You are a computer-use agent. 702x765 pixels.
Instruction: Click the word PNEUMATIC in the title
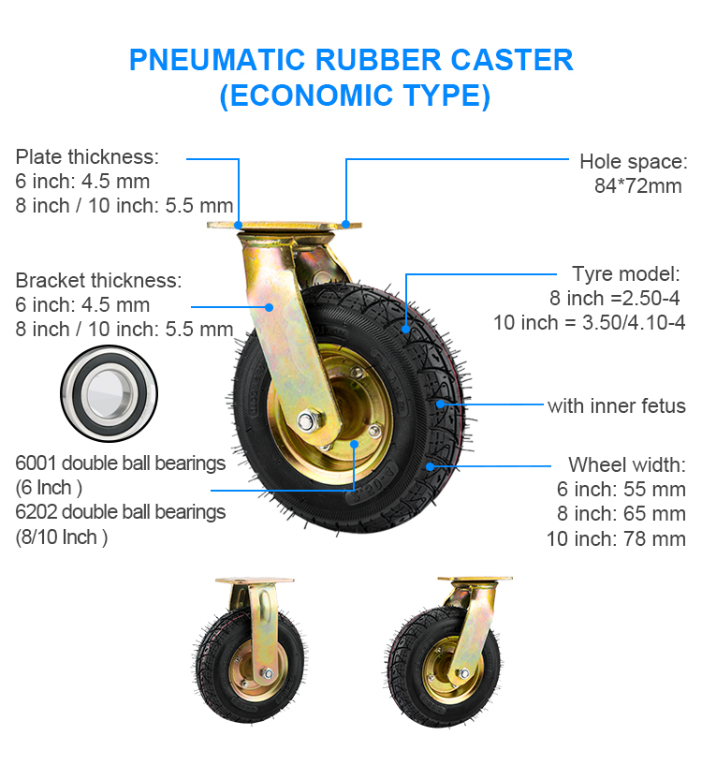coord(217,60)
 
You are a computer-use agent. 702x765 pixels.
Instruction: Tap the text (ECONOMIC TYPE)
coord(355,96)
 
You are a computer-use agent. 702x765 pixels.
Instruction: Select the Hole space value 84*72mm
coord(637,186)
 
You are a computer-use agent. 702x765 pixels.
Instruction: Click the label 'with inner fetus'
coord(617,406)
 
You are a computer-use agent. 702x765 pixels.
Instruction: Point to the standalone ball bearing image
coord(109,393)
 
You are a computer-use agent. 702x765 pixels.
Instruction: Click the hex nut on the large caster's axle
coord(307,420)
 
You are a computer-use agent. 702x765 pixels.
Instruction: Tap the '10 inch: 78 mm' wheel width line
coord(616,538)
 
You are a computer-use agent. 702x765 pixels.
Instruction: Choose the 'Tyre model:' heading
coord(626,273)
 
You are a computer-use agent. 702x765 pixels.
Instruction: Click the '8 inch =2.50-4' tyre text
coord(615,298)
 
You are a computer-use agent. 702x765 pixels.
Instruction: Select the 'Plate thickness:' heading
coord(87,156)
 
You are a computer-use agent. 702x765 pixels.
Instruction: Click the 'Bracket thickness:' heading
coord(98,281)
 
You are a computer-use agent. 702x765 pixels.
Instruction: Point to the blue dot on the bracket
coord(269,307)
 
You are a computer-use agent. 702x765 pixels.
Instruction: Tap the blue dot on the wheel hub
coord(354,444)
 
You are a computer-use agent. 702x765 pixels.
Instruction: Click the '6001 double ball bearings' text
coord(121,463)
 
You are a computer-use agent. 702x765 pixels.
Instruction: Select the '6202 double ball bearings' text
coord(121,512)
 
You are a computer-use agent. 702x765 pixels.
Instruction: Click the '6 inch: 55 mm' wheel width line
coord(621,490)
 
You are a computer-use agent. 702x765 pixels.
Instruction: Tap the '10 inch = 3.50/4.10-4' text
coord(590,322)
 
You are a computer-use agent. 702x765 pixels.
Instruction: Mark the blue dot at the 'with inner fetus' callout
coord(440,404)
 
